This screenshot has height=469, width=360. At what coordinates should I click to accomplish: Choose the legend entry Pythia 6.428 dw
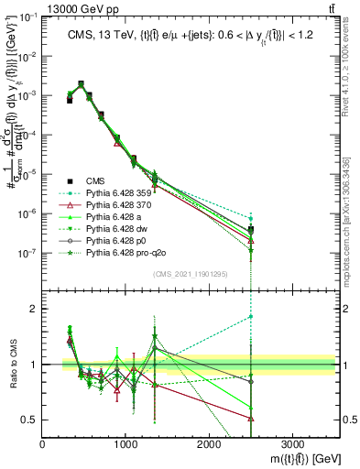115,236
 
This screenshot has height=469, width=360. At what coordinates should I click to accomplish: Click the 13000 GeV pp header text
40,7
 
